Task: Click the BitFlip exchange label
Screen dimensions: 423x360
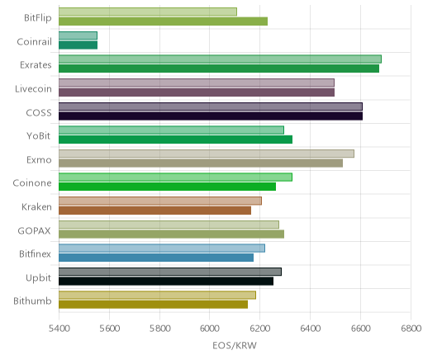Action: (x=38, y=18)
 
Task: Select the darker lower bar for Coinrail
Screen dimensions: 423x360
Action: (x=78, y=45)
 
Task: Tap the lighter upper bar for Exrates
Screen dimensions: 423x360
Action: (x=220, y=59)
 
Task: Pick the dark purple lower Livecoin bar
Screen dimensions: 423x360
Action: (x=197, y=92)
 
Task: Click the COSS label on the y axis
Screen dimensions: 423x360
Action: (x=39, y=113)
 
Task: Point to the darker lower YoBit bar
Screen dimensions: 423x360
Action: (x=175, y=140)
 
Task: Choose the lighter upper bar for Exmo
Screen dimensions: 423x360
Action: (x=207, y=154)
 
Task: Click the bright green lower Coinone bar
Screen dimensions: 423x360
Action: (x=167, y=187)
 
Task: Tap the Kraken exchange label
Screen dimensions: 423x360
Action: (x=36, y=207)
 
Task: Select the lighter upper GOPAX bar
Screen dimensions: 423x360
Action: (x=169, y=225)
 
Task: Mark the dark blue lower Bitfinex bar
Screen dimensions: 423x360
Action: (x=156, y=258)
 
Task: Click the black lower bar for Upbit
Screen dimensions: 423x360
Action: (x=166, y=282)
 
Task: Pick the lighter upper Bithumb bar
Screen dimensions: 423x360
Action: (x=157, y=296)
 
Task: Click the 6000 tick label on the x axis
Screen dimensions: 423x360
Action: (x=209, y=329)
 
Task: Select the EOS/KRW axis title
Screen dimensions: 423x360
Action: (x=235, y=345)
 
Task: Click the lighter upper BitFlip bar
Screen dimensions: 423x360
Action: (x=148, y=12)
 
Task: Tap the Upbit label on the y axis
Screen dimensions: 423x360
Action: (x=38, y=278)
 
